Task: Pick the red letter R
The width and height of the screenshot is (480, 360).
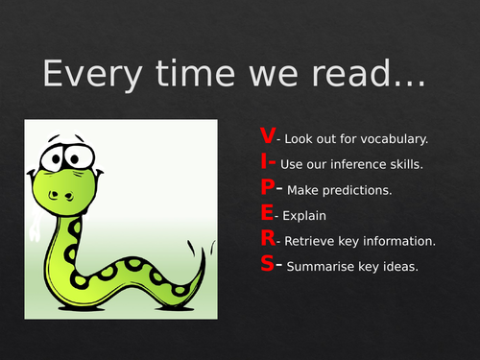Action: [x=267, y=240]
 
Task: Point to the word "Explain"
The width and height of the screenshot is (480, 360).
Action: [x=303, y=216]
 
